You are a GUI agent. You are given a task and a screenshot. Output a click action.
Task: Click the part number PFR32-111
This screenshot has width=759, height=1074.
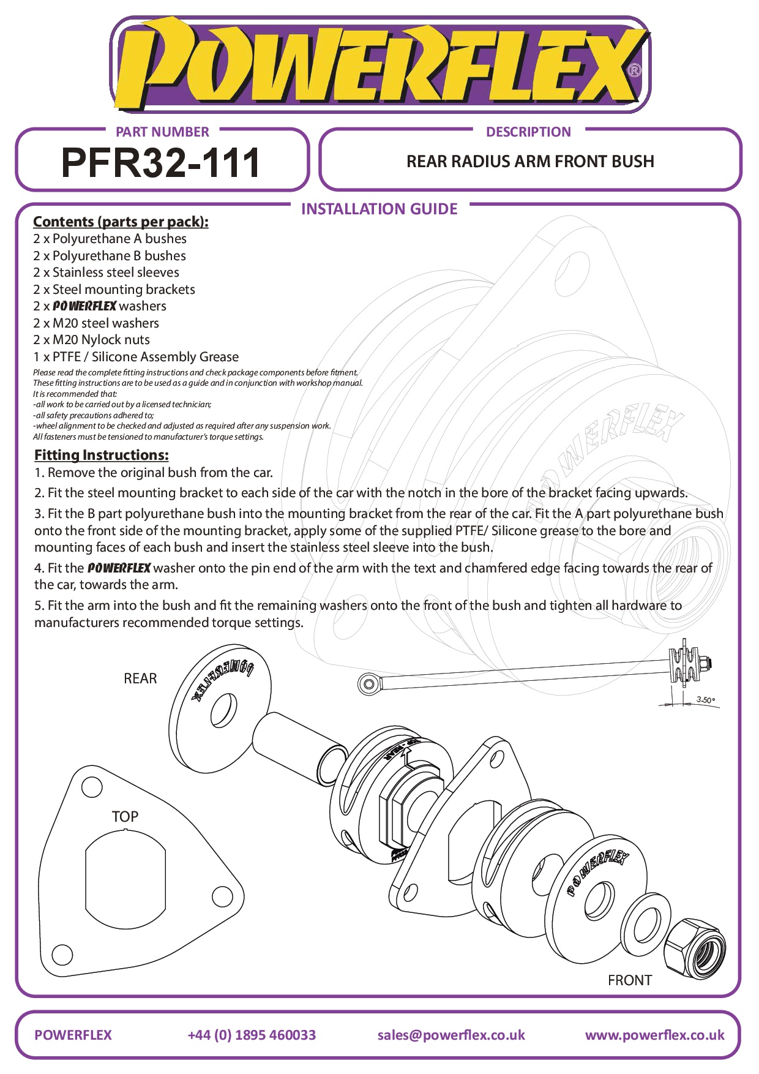(x=161, y=163)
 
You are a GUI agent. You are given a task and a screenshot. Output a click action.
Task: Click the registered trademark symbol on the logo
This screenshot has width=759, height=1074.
(x=635, y=71)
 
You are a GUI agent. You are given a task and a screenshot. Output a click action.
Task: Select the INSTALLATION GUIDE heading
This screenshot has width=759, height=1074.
(x=379, y=209)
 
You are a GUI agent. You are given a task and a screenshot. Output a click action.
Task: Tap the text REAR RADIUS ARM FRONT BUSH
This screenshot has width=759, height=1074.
(x=530, y=162)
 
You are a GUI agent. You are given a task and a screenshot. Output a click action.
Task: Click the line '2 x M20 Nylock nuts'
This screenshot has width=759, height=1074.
(x=91, y=340)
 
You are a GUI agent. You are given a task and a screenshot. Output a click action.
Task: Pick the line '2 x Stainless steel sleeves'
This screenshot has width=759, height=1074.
(x=106, y=272)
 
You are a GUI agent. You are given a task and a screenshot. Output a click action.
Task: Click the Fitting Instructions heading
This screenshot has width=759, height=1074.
(x=101, y=455)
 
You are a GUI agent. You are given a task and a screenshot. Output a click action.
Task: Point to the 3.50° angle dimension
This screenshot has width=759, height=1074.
(x=705, y=700)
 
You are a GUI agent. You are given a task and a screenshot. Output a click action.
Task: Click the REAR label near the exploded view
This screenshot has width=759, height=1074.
(x=140, y=678)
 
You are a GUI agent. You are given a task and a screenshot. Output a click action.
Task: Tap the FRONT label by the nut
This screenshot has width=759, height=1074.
(x=629, y=980)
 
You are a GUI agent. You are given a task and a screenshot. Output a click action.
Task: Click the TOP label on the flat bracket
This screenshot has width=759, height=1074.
(x=125, y=817)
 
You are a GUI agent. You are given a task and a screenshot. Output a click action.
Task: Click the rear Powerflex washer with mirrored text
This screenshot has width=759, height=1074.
(x=220, y=704)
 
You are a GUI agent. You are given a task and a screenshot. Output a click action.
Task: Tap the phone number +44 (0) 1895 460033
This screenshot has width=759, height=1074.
(x=252, y=1035)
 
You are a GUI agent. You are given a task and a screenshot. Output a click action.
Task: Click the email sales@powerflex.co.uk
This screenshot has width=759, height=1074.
(x=451, y=1035)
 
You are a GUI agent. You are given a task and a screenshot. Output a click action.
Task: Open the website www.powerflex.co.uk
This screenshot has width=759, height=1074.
(x=654, y=1035)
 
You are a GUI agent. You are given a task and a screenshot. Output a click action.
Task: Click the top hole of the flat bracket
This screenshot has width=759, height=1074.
(x=92, y=787)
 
